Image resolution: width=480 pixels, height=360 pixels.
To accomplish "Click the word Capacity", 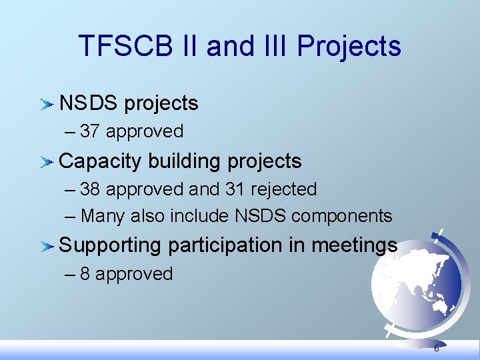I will [101, 161].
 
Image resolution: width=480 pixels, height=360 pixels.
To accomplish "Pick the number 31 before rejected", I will [235, 189].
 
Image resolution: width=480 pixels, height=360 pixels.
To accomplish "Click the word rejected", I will [283, 189].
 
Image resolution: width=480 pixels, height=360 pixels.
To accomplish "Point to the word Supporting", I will [111, 246].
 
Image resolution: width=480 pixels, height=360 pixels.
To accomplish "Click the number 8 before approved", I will [85, 274].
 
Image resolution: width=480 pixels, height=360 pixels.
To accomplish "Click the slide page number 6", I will [436, 349].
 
